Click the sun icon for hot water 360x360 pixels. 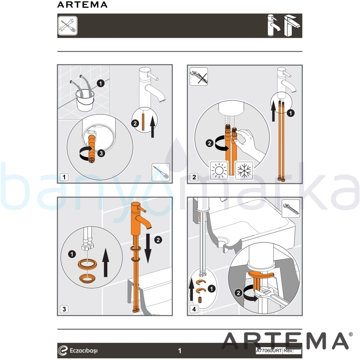(x=219, y=171)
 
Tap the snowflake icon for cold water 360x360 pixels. (x=244, y=171)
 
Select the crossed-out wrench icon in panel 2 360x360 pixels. (x=199, y=77)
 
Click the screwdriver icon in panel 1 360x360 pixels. (x=161, y=172)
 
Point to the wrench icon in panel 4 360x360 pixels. (x=291, y=209)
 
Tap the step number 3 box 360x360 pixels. (x=64, y=309)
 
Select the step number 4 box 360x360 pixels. (x=194, y=309)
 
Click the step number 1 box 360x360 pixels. (x=64, y=177)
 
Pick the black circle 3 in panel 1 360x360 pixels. (x=101, y=153)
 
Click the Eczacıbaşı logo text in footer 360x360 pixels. (x=84, y=351)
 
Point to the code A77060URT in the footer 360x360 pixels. (x=269, y=351)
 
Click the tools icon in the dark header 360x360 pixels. (x=68, y=26)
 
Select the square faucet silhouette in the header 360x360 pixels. (x=292, y=26)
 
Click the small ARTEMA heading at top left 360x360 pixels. (x=82, y=5)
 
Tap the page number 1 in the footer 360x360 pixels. (x=180, y=351)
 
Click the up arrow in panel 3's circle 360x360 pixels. (x=105, y=262)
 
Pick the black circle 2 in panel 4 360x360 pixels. (x=238, y=293)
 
